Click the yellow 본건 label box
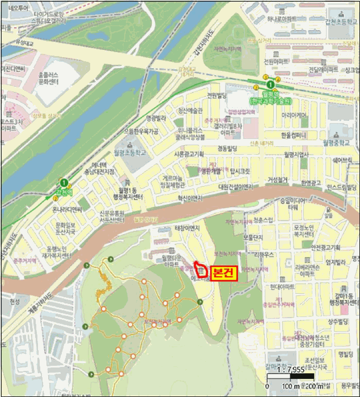pos(223,273)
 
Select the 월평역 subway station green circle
pos(270,85)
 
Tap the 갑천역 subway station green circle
pos(64,183)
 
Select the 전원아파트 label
pos(273,61)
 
